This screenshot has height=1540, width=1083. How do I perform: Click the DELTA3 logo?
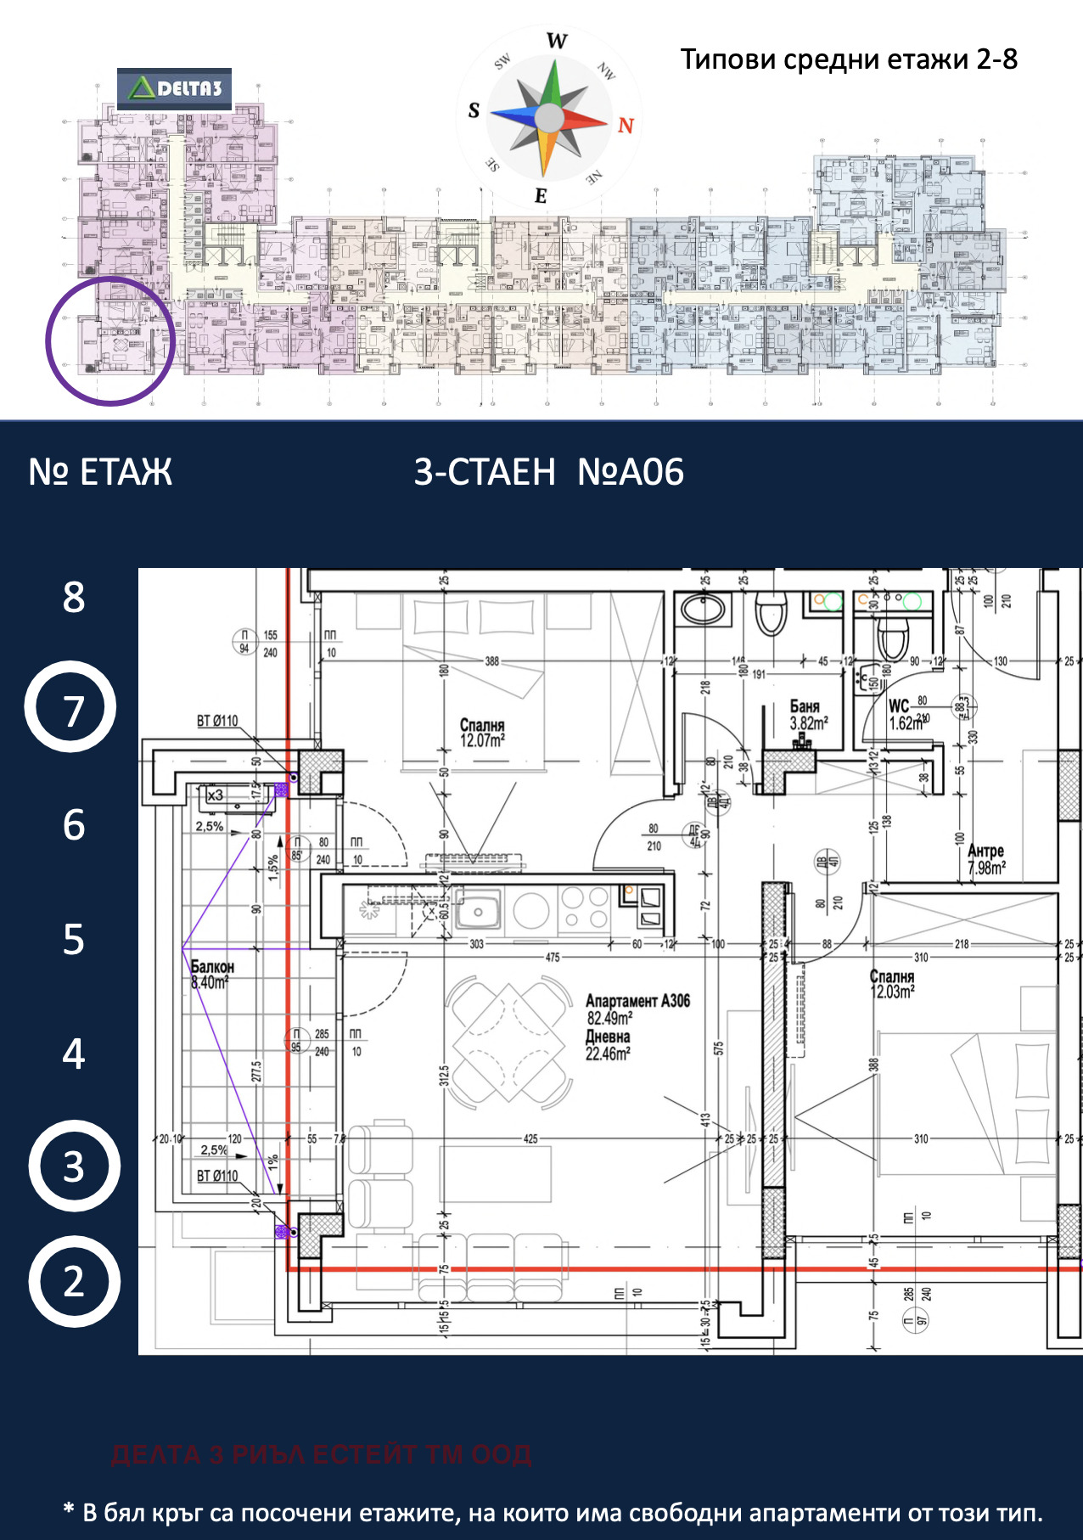click(175, 88)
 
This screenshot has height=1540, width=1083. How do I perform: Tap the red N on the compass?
click(626, 126)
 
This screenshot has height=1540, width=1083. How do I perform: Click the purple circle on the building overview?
click(110, 340)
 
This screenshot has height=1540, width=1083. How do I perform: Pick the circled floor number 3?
click(74, 1166)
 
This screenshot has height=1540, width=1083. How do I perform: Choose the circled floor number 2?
click(74, 1281)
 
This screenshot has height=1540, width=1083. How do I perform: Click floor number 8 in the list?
click(74, 597)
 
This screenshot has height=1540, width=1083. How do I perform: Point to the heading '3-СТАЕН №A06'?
click(548, 472)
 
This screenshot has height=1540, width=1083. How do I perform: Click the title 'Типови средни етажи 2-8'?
click(849, 59)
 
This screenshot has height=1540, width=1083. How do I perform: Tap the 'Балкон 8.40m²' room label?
click(211, 975)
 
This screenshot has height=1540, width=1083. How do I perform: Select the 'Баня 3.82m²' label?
click(807, 715)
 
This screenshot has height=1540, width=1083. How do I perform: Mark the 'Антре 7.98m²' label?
click(986, 859)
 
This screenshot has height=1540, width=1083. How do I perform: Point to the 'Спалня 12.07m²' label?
click(482, 733)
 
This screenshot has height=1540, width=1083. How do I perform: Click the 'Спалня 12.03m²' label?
click(892, 984)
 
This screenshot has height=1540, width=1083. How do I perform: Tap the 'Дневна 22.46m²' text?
click(608, 1045)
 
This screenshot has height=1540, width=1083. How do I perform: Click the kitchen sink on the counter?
click(478, 912)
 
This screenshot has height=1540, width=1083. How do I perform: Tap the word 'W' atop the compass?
click(557, 41)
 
